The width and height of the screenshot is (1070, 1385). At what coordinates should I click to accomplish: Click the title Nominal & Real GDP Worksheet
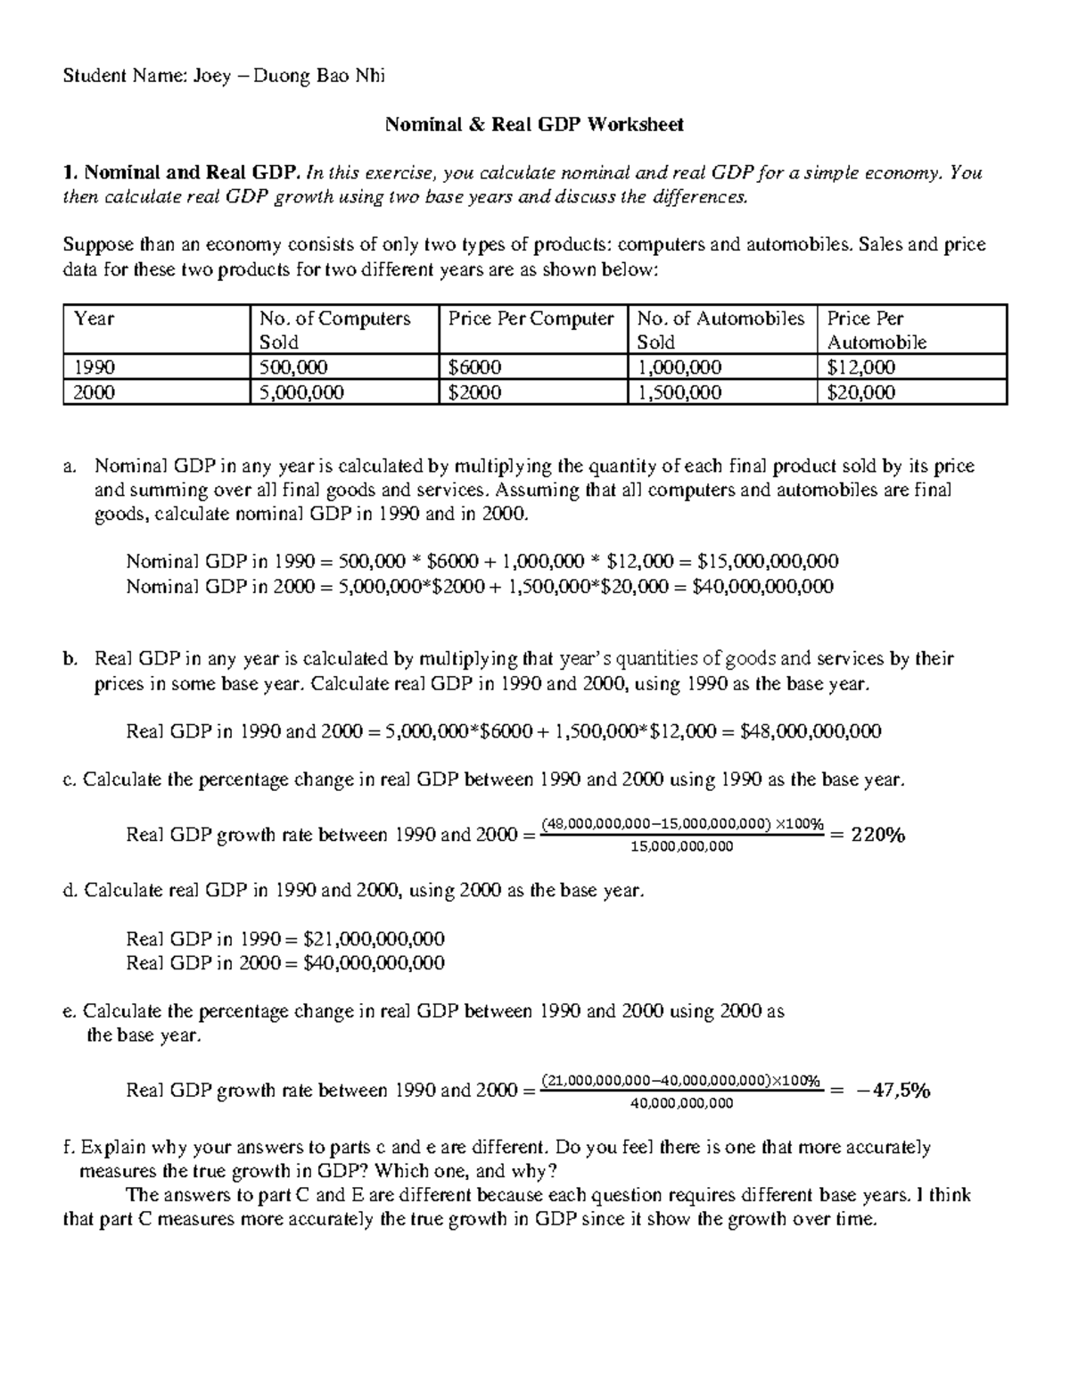[x=534, y=125]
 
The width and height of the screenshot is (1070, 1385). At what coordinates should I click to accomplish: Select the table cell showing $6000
[x=474, y=367]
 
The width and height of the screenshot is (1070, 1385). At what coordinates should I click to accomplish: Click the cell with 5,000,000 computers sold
[x=301, y=392]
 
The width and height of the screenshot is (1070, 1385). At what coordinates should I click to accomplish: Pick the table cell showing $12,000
[x=861, y=367]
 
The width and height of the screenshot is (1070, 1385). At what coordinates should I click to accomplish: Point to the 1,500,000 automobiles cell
[x=679, y=392]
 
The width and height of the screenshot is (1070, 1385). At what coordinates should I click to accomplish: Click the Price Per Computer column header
[x=531, y=319]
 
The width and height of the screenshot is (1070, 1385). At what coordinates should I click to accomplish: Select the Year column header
[x=95, y=319]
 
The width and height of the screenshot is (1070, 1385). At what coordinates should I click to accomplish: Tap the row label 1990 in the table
[x=95, y=367]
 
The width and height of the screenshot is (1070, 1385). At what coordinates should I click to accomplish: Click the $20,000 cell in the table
[x=861, y=392]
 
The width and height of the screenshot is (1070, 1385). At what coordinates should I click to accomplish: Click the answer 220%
[x=878, y=836]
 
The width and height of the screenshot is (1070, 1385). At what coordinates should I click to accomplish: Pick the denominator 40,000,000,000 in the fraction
[x=681, y=1103]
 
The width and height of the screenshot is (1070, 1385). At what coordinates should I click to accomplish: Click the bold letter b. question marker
[x=70, y=659]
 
